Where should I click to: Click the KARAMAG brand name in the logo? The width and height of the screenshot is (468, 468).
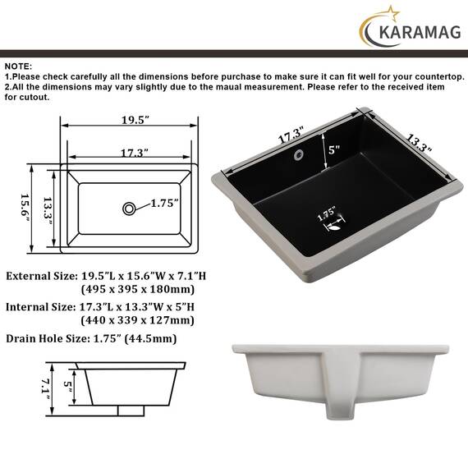pos(420,32)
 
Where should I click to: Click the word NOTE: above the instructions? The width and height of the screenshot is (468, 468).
pos(18,67)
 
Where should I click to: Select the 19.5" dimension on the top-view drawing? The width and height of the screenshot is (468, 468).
pos(135,120)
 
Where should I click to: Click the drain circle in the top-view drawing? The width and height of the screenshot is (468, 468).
pos(129,209)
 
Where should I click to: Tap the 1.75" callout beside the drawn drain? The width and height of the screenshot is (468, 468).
pos(164,204)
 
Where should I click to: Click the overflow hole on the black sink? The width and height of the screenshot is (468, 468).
pos(299,154)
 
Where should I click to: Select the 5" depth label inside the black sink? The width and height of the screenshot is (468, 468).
pos(334,149)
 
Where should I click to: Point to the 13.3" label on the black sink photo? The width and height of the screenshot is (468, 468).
pos(419,143)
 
